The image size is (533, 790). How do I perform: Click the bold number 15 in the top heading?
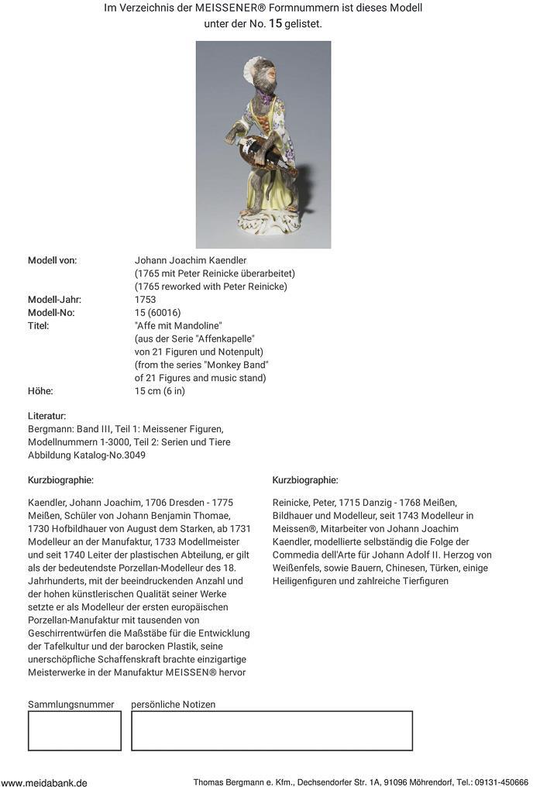(x=275, y=23)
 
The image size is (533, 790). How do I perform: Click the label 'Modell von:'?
(x=52, y=260)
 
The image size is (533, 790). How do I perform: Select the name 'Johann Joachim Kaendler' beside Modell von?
(x=191, y=260)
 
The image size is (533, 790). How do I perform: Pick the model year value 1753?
(x=145, y=300)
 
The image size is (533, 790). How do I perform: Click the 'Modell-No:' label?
(x=51, y=313)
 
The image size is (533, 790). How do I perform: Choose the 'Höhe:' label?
(x=40, y=391)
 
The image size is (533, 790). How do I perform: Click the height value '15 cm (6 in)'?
(x=160, y=391)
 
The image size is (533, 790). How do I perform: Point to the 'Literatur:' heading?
(x=46, y=416)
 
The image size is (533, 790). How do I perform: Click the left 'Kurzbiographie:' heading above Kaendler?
(x=60, y=480)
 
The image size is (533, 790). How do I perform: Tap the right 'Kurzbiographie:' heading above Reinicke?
(x=305, y=480)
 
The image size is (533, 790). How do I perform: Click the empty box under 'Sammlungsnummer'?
(x=74, y=730)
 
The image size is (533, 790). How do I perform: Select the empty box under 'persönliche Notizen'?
(x=271, y=730)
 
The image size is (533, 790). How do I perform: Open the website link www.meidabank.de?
(x=44, y=782)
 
